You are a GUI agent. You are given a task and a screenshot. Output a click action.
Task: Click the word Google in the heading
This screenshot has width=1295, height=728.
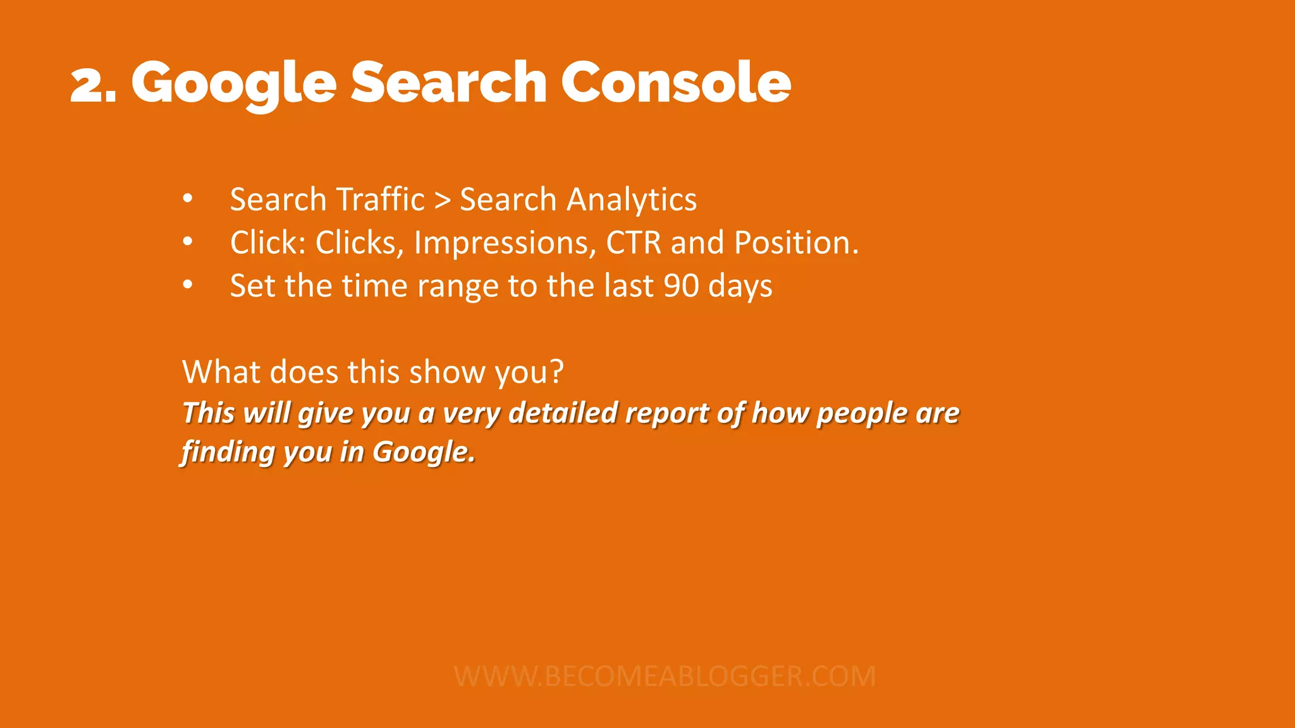[x=234, y=85]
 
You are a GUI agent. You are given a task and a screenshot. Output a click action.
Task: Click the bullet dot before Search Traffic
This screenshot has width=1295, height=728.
[x=187, y=198]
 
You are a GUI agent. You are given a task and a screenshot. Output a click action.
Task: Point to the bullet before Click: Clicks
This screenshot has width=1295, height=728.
[x=187, y=241]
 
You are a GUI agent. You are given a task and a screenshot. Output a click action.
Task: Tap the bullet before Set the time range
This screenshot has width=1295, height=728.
[x=187, y=285]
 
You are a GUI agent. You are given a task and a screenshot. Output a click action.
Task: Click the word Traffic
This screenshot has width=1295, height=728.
[x=380, y=200]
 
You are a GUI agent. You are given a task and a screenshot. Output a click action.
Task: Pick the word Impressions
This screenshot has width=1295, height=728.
[x=505, y=243]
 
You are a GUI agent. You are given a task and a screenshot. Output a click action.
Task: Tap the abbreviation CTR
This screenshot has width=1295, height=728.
[x=634, y=243]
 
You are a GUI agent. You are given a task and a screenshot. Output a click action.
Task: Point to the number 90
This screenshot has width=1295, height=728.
[x=681, y=286]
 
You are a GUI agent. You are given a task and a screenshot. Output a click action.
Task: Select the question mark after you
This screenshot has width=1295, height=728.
[x=556, y=372]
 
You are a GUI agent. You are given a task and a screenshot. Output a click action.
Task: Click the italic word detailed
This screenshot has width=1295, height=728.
[x=563, y=413]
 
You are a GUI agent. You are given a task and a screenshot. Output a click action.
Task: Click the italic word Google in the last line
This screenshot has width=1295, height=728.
[x=422, y=452]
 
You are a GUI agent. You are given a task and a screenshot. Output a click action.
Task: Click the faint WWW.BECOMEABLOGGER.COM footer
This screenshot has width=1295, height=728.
[x=665, y=676]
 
